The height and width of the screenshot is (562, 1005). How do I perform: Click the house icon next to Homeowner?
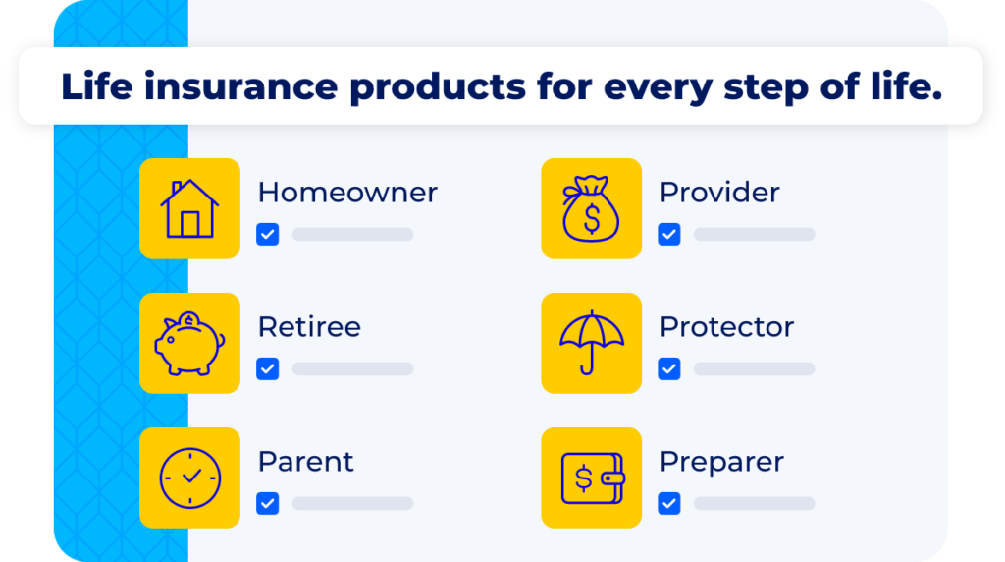[x=189, y=208]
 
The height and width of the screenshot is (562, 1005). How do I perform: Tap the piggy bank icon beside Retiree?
[x=189, y=343]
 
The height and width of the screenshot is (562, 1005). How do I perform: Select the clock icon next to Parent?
[x=189, y=478]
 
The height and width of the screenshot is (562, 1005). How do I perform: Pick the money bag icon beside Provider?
[x=591, y=208]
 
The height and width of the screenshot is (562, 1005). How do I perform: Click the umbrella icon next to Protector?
[x=591, y=343]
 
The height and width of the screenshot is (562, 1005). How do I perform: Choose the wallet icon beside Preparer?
[x=591, y=478]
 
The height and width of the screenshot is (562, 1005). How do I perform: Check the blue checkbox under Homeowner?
[x=268, y=235]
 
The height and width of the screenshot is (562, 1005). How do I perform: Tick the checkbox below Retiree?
[x=268, y=369]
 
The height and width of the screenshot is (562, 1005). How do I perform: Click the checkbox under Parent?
[x=268, y=504]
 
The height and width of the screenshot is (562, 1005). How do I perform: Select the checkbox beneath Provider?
[x=669, y=235]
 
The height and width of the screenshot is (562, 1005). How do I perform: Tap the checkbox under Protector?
[x=669, y=369]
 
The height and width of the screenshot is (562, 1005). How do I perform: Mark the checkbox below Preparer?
[x=669, y=504]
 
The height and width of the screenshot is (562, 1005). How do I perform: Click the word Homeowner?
[x=347, y=193]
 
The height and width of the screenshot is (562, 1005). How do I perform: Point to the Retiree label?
[x=309, y=327]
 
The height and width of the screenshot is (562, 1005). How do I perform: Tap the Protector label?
[x=726, y=327]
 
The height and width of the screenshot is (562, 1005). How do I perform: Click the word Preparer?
[x=721, y=462]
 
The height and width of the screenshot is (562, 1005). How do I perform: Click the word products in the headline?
[x=438, y=87]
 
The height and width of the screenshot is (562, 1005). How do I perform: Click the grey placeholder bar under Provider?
[x=754, y=235]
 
